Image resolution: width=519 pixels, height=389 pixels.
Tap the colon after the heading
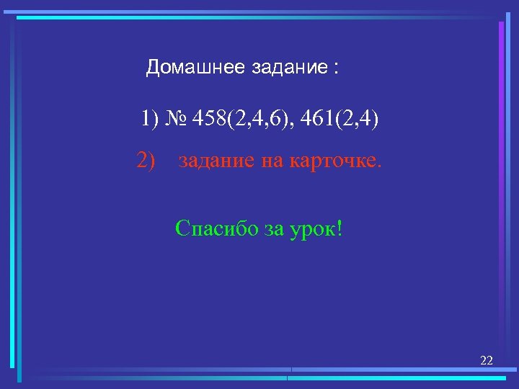pyautogui.click(x=335, y=70)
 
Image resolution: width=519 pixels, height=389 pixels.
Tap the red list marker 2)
pyautogui.click(x=146, y=160)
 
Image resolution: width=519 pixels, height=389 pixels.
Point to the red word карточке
pyautogui.click(x=332, y=161)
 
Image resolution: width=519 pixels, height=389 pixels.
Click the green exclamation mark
pyautogui.click(x=339, y=229)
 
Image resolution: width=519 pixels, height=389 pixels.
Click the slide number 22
pyautogui.click(x=487, y=360)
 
